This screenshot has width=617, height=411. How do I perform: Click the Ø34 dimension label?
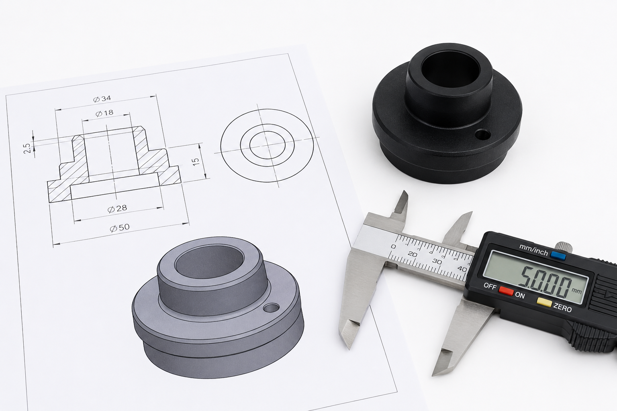click(x=102, y=99)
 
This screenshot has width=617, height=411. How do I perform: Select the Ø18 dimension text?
click(x=104, y=113)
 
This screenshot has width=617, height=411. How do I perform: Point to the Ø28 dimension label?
click(x=117, y=209)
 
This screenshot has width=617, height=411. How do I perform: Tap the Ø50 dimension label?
click(x=120, y=228)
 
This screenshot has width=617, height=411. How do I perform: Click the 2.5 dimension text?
click(x=27, y=149)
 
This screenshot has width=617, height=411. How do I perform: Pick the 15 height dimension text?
click(x=196, y=162)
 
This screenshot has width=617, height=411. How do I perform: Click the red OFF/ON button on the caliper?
click(x=507, y=291)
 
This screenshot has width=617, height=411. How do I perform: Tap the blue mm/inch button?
click(x=558, y=256)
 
